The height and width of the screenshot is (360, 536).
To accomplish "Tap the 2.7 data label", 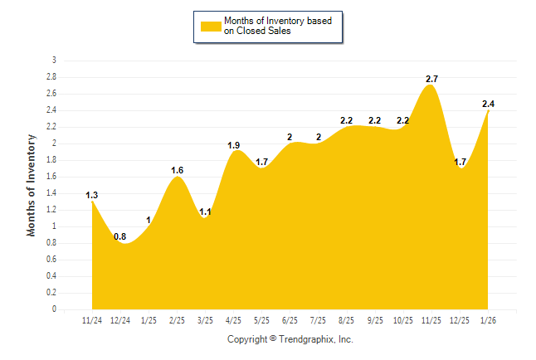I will click(x=431, y=79).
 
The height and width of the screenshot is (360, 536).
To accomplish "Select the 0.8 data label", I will click(x=120, y=236).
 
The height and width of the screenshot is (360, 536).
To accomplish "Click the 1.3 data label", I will click(x=91, y=195).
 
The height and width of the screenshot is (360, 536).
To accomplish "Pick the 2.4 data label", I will click(x=489, y=104).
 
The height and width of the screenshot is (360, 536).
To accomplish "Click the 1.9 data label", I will click(x=233, y=145).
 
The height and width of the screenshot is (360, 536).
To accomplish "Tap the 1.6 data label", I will click(x=177, y=170).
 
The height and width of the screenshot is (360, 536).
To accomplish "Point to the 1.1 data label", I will click(x=205, y=212).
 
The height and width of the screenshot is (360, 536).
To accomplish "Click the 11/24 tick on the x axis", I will click(x=92, y=320).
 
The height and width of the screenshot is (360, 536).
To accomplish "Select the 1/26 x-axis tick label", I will click(x=489, y=320).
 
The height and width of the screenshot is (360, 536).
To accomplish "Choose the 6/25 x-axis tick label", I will click(x=290, y=320).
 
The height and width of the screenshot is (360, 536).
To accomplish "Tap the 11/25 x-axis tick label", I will click(x=431, y=320).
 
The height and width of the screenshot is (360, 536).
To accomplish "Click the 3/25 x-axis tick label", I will click(x=205, y=320).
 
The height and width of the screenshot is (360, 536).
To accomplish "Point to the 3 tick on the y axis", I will click(x=54, y=61).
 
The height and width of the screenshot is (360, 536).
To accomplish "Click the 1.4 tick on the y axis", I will click(x=51, y=193).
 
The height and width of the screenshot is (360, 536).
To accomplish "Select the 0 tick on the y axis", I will click(x=54, y=309).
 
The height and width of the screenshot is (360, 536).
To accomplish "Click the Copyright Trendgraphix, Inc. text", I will click(x=290, y=339).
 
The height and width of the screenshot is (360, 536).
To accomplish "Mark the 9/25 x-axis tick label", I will click(x=375, y=320).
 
